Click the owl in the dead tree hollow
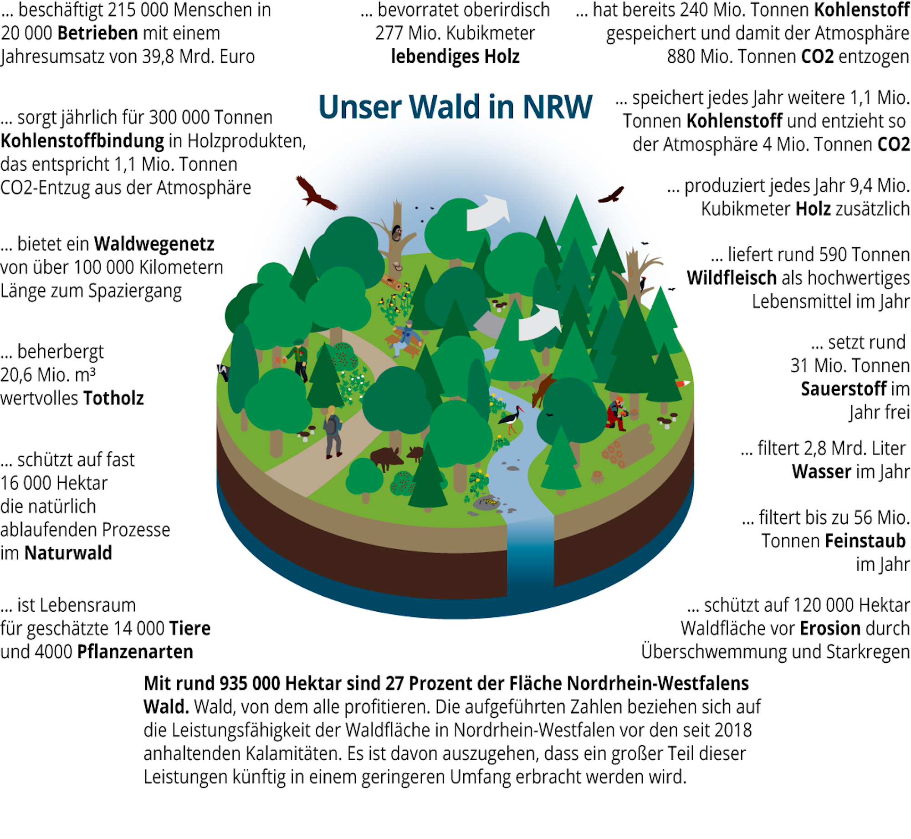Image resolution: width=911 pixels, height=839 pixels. coord(396,233)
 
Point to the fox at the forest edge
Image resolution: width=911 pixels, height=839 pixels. coord(682,384)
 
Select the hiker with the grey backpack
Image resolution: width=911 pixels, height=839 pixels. coord(333,431)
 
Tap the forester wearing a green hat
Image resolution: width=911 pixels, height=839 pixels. coord(298,358)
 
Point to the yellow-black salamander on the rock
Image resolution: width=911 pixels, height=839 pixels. coord(489,502)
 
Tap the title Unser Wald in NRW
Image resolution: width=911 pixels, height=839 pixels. coord(455,107)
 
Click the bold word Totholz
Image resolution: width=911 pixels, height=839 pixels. coord(113,399)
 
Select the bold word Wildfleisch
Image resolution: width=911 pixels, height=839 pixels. coord(732,278)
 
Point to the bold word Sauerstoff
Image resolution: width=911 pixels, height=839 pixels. coord(844,389)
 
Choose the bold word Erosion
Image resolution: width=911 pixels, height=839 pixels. coord(829,629)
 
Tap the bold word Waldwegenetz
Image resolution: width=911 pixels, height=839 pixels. coord(154,245)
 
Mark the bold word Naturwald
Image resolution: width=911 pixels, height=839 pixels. coord(68,553)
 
